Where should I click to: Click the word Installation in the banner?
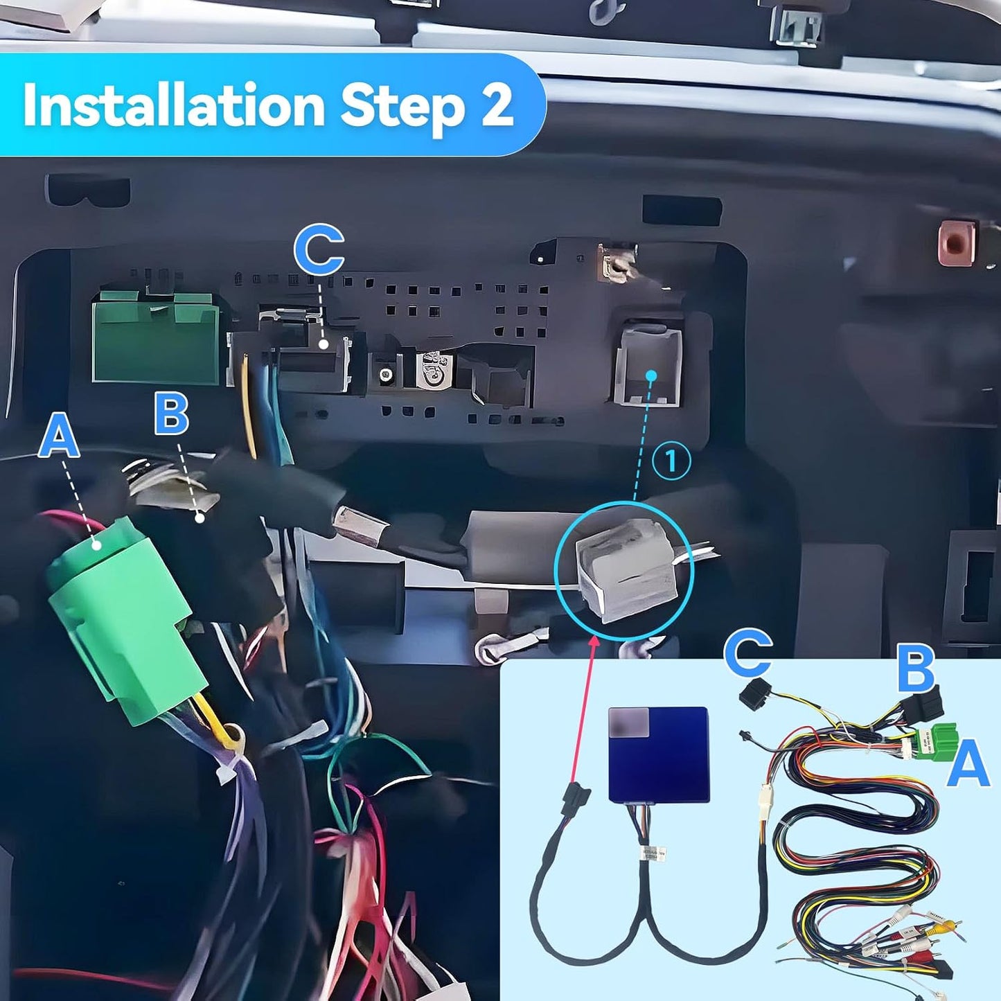(173, 106)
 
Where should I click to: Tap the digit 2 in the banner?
(496, 106)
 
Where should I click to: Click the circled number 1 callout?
(671, 461)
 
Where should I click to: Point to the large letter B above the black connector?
(171, 413)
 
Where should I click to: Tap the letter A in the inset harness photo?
(968, 763)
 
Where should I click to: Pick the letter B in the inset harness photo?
(916, 668)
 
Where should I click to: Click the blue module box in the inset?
(659, 754)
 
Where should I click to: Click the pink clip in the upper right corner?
(956, 242)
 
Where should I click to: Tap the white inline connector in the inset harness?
(764, 804)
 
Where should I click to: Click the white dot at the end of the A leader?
(98, 545)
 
